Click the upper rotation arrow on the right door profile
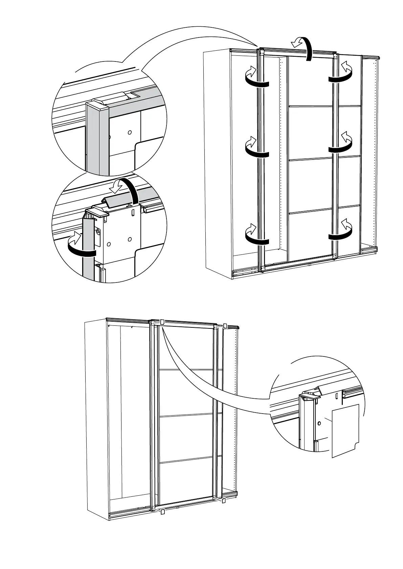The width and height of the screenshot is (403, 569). pyautogui.click(x=342, y=74)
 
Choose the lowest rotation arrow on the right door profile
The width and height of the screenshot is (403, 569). pyautogui.click(x=342, y=231)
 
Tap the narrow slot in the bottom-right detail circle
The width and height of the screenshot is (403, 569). pyautogui.click(x=337, y=396)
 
